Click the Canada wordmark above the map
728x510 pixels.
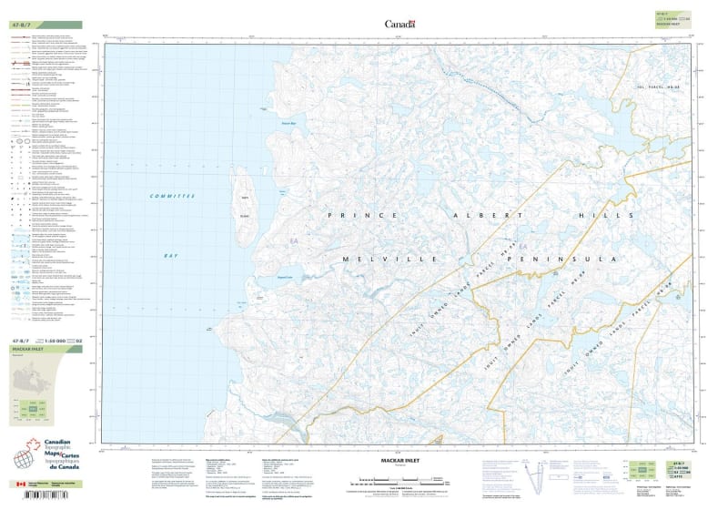[399, 25]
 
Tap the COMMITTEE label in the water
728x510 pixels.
[173, 196]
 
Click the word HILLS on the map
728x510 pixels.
[603, 215]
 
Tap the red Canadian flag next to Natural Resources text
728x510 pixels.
[21, 484]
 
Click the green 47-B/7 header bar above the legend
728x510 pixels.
[45, 25]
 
